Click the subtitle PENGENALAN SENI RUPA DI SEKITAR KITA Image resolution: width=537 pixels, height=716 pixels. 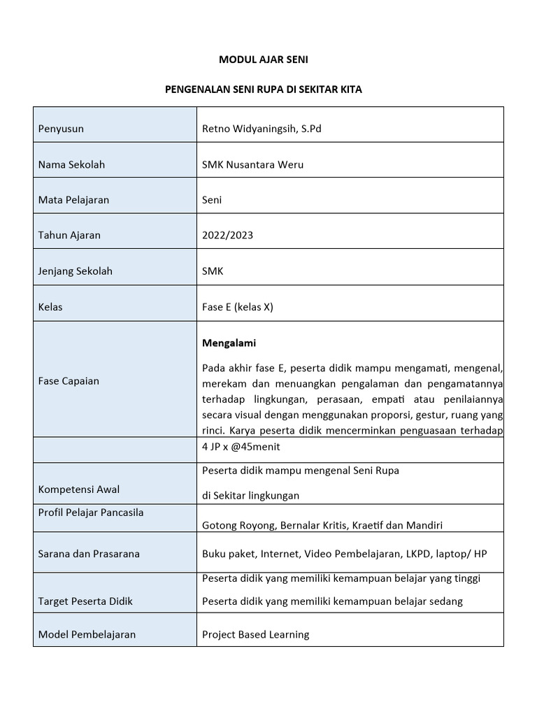coord(263,90)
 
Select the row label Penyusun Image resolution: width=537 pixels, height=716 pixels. coord(61,129)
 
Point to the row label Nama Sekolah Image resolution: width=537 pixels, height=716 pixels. coord(71,165)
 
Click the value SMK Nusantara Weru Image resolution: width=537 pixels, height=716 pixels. coord(252,165)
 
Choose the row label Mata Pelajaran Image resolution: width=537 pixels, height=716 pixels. coord(73,200)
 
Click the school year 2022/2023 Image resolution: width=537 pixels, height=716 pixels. coord(227,235)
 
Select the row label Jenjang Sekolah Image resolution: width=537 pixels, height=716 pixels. coord(75,271)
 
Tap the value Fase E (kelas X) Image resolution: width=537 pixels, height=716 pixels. coord(237,307)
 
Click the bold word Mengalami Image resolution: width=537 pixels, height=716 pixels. coord(229,343)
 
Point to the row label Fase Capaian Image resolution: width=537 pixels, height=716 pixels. coord(69,381)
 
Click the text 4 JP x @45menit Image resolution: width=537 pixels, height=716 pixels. coord(240,447)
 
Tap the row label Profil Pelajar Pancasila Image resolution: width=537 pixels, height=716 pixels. coord(91,513)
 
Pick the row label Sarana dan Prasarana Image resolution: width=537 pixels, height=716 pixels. coord(89,554)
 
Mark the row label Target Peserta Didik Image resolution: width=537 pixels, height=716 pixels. coord(85,601)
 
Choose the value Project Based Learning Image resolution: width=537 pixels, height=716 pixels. coord(255,635)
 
